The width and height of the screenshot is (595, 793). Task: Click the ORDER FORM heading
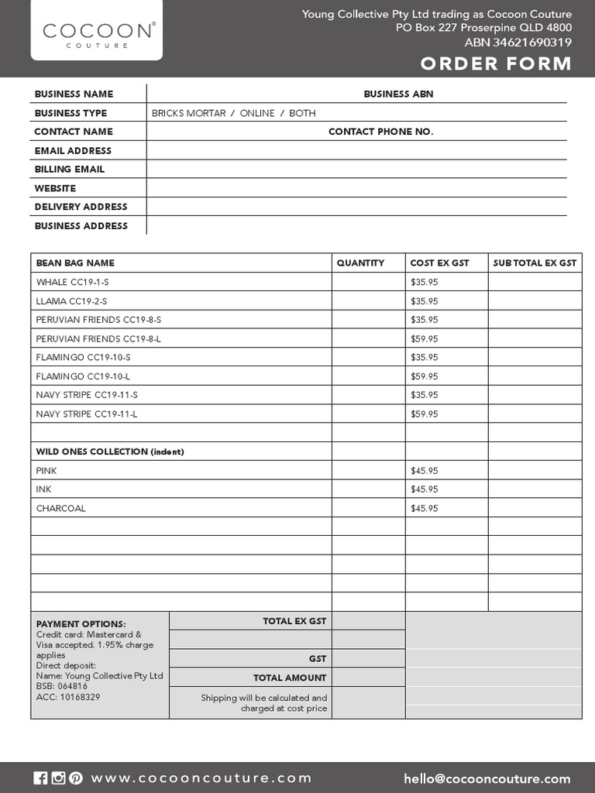(x=496, y=64)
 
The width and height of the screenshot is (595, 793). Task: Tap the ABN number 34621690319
(x=529, y=43)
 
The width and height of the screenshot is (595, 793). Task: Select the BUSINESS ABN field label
(x=398, y=94)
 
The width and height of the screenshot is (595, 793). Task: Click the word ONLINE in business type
(x=257, y=113)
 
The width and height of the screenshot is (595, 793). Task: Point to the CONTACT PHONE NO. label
(x=380, y=132)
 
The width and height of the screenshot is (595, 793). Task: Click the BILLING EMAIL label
(x=69, y=169)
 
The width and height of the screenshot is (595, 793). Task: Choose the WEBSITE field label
(x=55, y=188)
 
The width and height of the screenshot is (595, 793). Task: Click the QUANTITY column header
(x=360, y=263)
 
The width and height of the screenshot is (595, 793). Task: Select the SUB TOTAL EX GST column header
(x=535, y=263)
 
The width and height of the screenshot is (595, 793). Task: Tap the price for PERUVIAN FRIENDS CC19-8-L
(x=424, y=338)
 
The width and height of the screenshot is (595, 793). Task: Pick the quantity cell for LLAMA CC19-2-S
(x=368, y=301)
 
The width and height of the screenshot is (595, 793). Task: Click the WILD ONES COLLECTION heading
(x=110, y=451)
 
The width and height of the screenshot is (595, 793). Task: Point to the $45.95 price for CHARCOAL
(x=424, y=509)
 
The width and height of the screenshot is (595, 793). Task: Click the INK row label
(x=43, y=489)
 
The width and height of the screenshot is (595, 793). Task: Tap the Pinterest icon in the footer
(x=75, y=778)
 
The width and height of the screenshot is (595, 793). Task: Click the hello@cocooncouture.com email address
(x=487, y=779)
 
